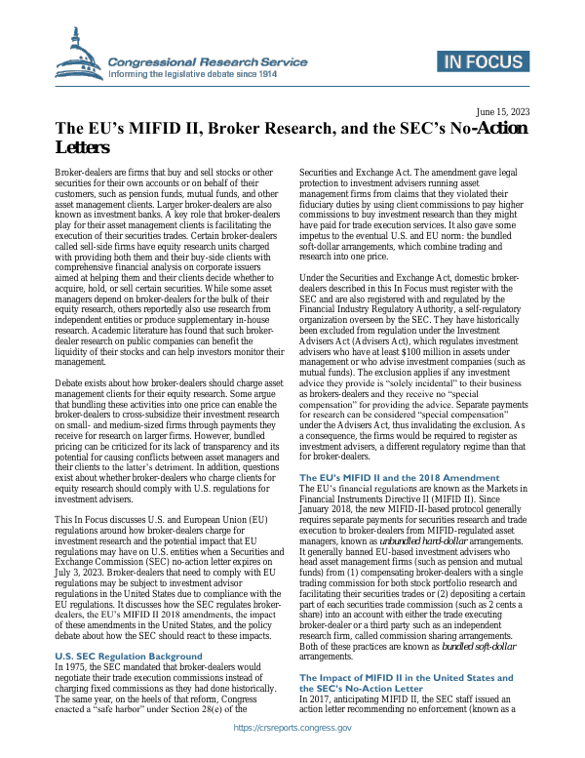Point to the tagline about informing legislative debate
pos(206,73)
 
